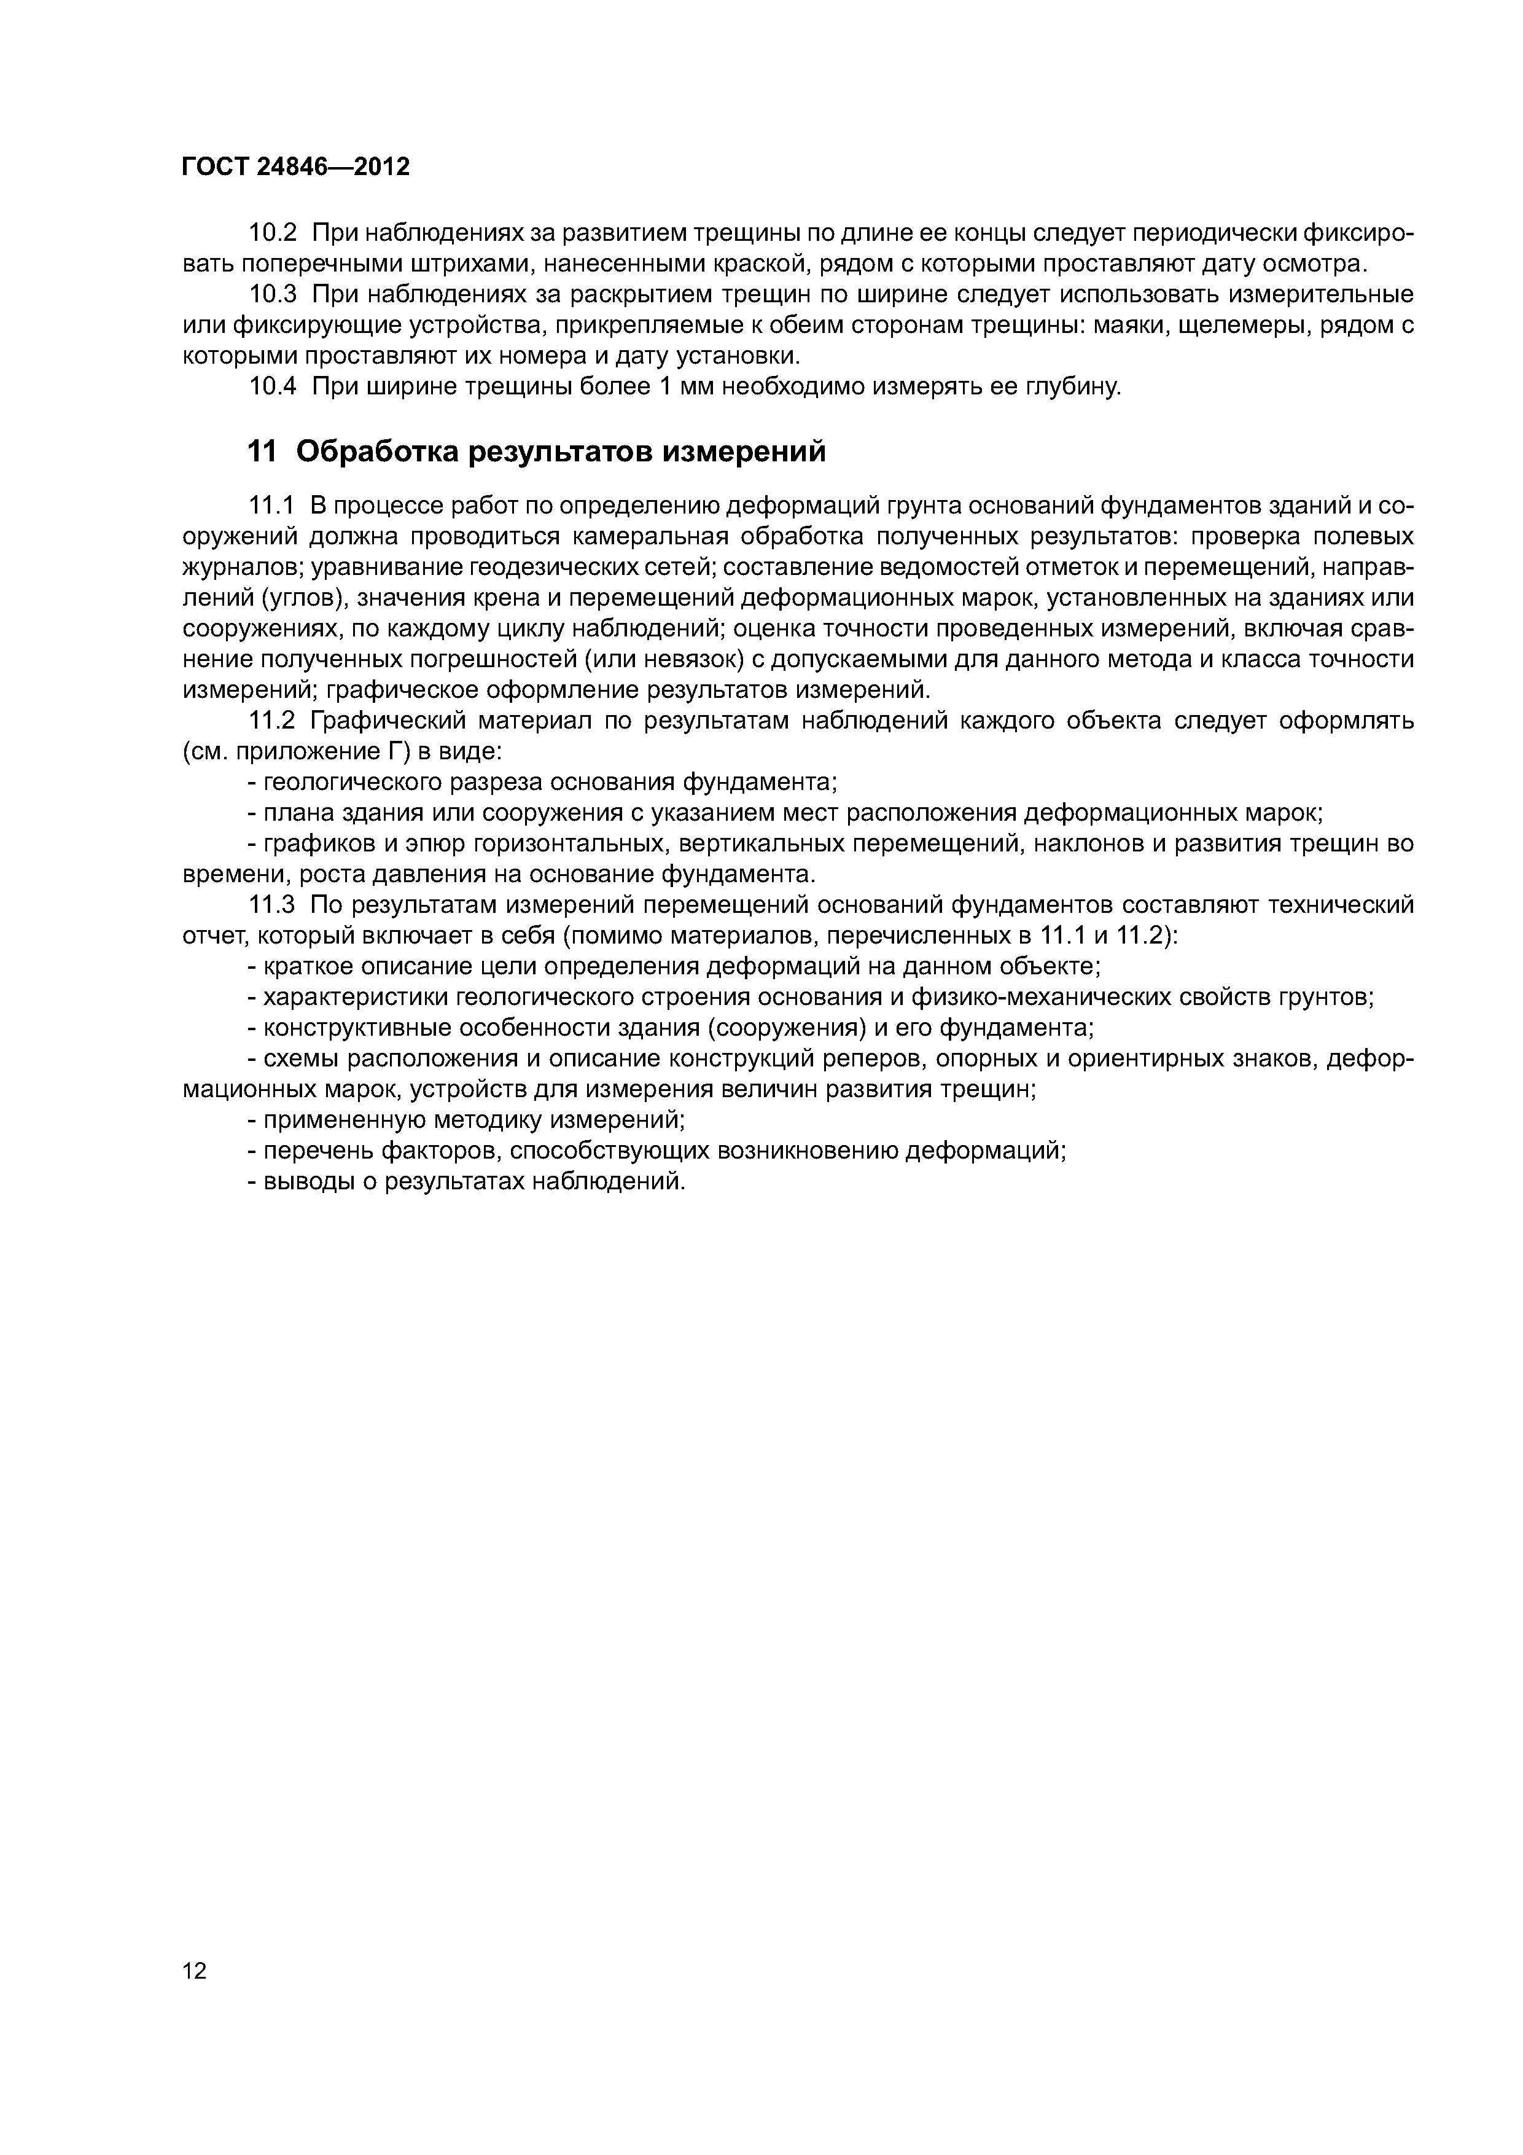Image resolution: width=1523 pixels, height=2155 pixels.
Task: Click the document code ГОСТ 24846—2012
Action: point(295,167)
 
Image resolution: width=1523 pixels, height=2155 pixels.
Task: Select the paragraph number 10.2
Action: point(272,232)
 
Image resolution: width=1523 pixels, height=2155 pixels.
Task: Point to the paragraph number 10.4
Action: point(272,386)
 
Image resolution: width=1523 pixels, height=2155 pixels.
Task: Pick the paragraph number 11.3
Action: point(272,905)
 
